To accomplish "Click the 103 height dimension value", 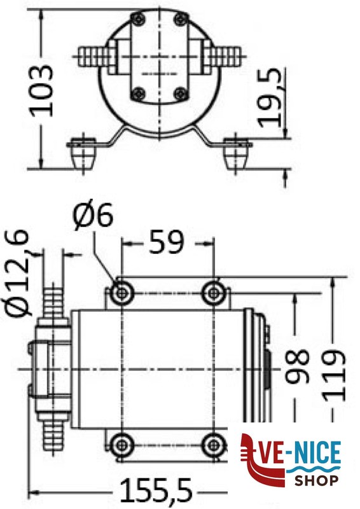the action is click(x=41, y=90).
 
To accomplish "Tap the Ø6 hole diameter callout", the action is click(x=93, y=216).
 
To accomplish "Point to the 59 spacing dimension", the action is click(x=167, y=241).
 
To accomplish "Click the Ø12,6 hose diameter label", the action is click(x=18, y=272).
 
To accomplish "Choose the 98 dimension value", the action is click(x=296, y=366).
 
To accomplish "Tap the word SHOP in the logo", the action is click(x=317, y=480).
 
